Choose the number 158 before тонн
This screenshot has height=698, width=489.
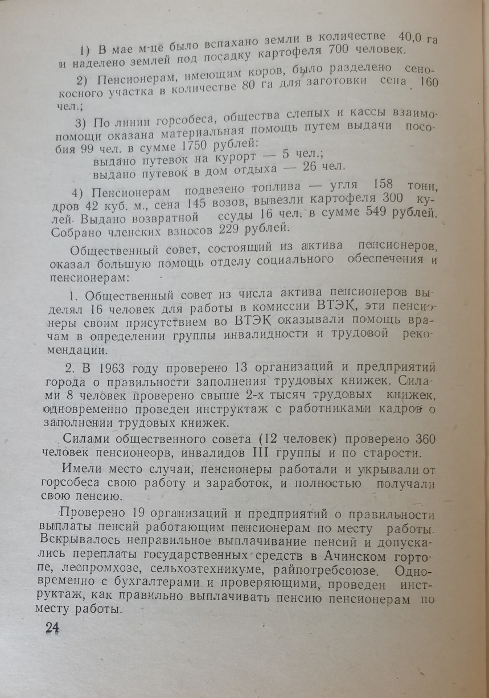[373, 187]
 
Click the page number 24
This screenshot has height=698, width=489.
[52, 627]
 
